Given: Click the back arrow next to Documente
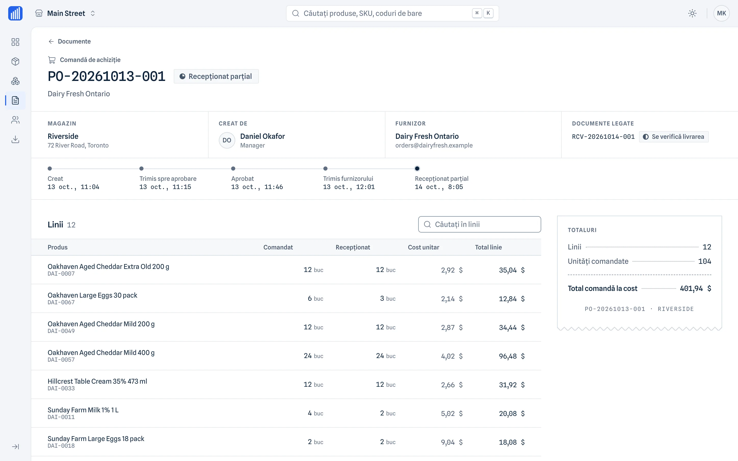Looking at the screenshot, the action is coord(51,41).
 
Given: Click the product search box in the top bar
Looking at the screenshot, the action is coord(392,13).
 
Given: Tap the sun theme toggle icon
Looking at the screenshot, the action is coord(692,13).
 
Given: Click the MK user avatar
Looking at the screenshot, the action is coord(721,13).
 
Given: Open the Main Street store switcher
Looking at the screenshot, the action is coord(66,13).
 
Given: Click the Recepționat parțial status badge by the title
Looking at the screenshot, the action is coord(216,76).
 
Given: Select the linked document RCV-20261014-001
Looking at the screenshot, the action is coord(603,137).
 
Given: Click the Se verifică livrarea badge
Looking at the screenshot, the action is coord(674,137).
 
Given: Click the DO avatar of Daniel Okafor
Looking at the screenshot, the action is coord(227,140).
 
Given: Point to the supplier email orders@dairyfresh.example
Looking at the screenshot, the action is coord(434,145).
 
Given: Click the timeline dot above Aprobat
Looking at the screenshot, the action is coord(233,169).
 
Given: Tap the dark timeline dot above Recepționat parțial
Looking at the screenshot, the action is coord(417,169).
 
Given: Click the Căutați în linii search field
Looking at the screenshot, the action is coord(479,224).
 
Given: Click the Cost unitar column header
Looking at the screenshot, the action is coord(423,247).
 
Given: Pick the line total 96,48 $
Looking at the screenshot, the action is coord(512,356).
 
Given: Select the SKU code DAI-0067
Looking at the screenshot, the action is coord(61,302).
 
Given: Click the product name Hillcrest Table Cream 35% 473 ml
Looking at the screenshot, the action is coord(97,381).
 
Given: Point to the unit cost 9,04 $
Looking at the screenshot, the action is coord(452,442).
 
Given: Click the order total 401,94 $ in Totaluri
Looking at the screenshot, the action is coord(695,288).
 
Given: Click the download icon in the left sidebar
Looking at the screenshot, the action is coord(15,139).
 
